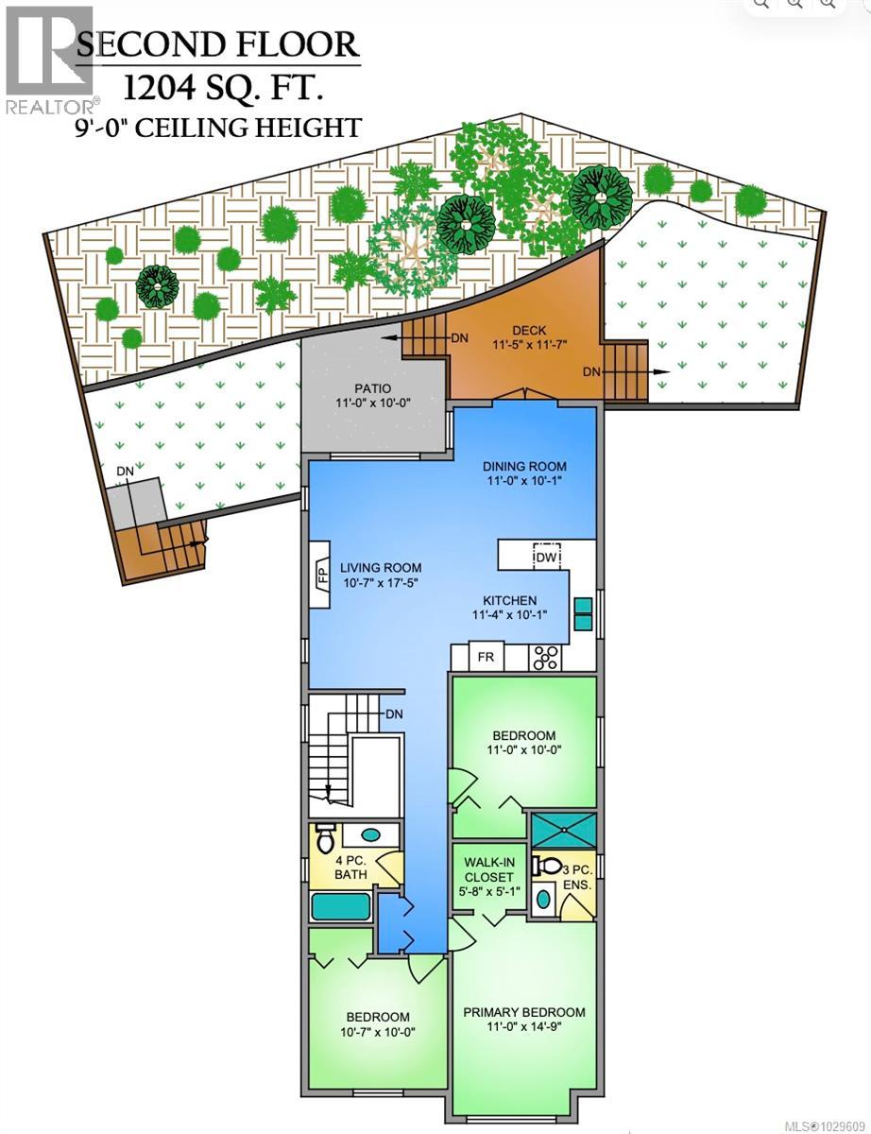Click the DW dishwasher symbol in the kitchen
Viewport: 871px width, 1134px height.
[x=546, y=557]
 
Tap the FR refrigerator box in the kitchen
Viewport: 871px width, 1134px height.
[x=486, y=657]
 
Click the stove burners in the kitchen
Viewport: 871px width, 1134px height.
[x=545, y=657]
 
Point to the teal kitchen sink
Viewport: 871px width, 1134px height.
[x=582, y=614]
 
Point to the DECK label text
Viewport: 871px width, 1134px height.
[x=523, y=330]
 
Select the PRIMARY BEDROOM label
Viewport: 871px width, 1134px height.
[x=523, y=1012]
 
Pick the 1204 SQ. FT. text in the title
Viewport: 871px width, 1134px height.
[x=222, y=89]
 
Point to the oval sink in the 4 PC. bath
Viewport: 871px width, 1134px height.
[x=371, y=835]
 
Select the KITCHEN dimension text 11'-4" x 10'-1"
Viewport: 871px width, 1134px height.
[x=510, y=615]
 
